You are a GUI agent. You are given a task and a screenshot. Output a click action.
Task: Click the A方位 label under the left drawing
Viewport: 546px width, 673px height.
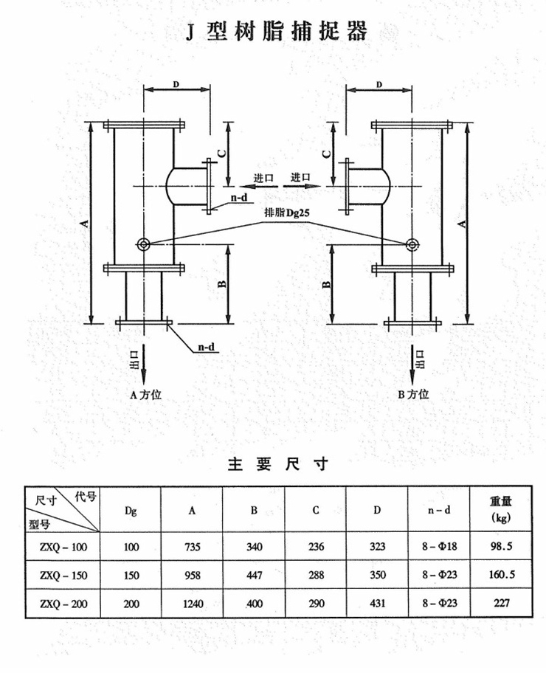click(x=144, y=394)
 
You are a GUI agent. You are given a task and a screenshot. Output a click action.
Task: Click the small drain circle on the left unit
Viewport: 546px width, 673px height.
click(x=143, y=244)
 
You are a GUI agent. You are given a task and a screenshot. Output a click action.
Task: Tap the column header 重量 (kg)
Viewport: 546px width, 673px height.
click(x=502, y=508)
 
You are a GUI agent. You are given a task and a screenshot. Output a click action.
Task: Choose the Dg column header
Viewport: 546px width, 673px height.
click(x=130, y=509)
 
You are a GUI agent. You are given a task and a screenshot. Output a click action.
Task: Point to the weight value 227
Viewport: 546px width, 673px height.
click(x=502, y=603)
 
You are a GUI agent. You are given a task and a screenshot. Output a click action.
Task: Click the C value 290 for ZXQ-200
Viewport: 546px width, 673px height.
click(x=315, y=603)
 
